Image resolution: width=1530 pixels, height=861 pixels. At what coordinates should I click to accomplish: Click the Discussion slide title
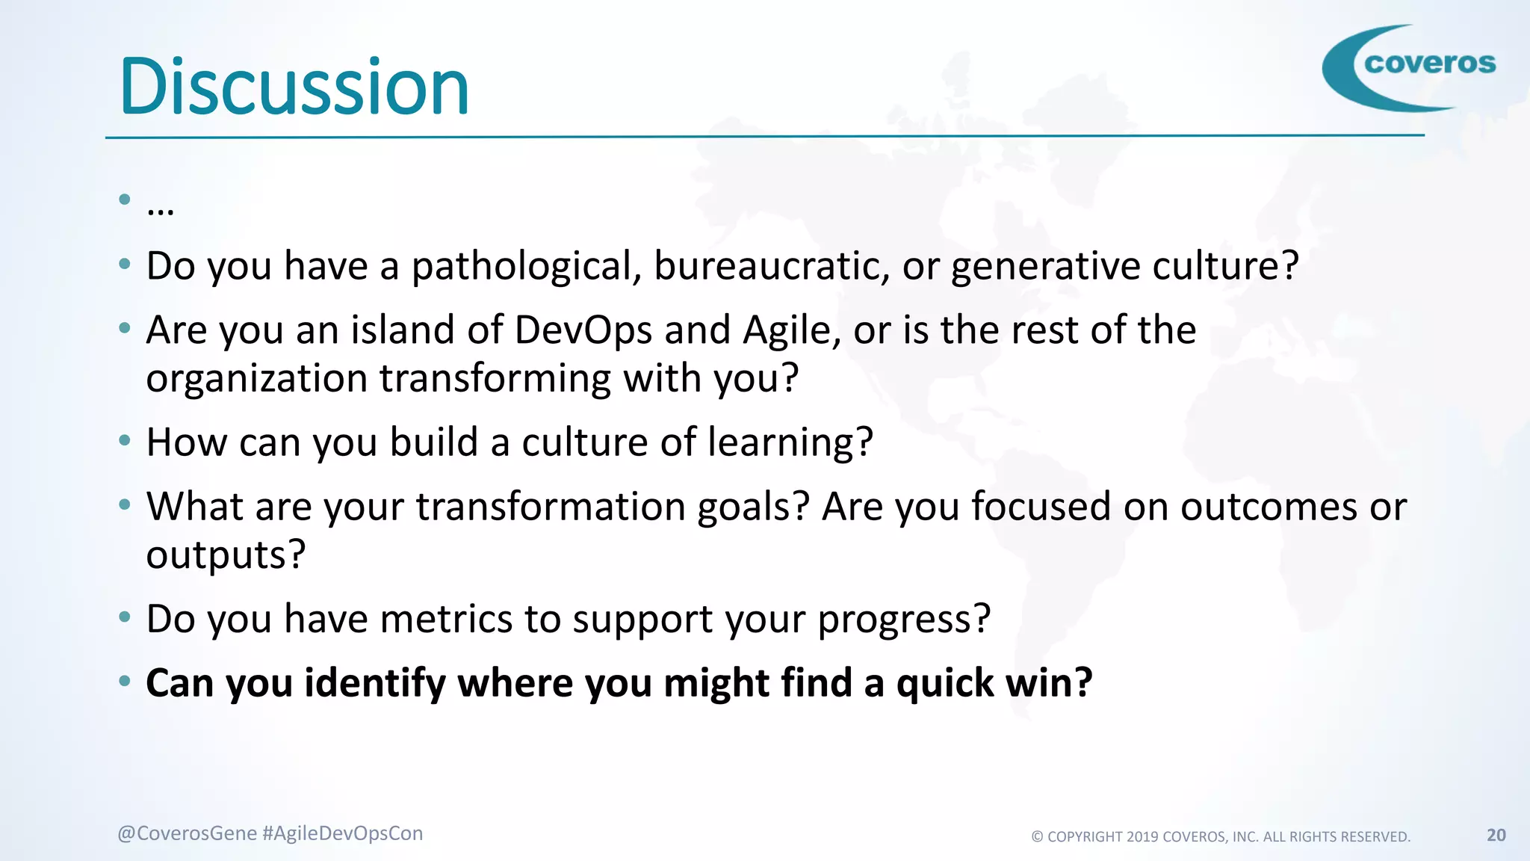pos(294,87)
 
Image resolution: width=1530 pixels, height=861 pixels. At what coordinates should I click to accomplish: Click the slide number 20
pos(1496,835)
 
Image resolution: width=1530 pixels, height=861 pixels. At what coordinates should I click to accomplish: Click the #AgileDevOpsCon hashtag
pos(343,833)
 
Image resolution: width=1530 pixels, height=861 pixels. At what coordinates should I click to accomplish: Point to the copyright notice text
pos(1221,836)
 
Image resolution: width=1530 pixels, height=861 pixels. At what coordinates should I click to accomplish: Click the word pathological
pos(526,267)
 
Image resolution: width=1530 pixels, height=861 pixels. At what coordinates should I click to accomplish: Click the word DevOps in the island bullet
pos(583,331)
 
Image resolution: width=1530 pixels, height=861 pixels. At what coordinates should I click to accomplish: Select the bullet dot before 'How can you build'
pos(125,440)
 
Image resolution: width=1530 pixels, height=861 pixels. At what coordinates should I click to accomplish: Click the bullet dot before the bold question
pos(125,681)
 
